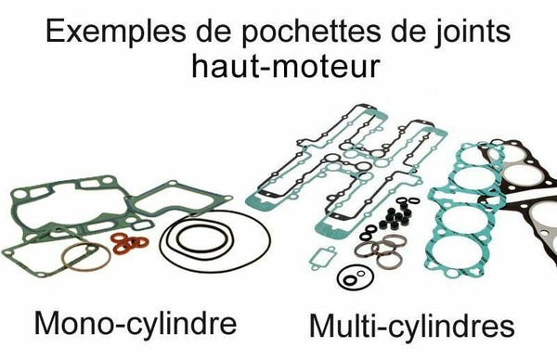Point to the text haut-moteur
278,71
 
